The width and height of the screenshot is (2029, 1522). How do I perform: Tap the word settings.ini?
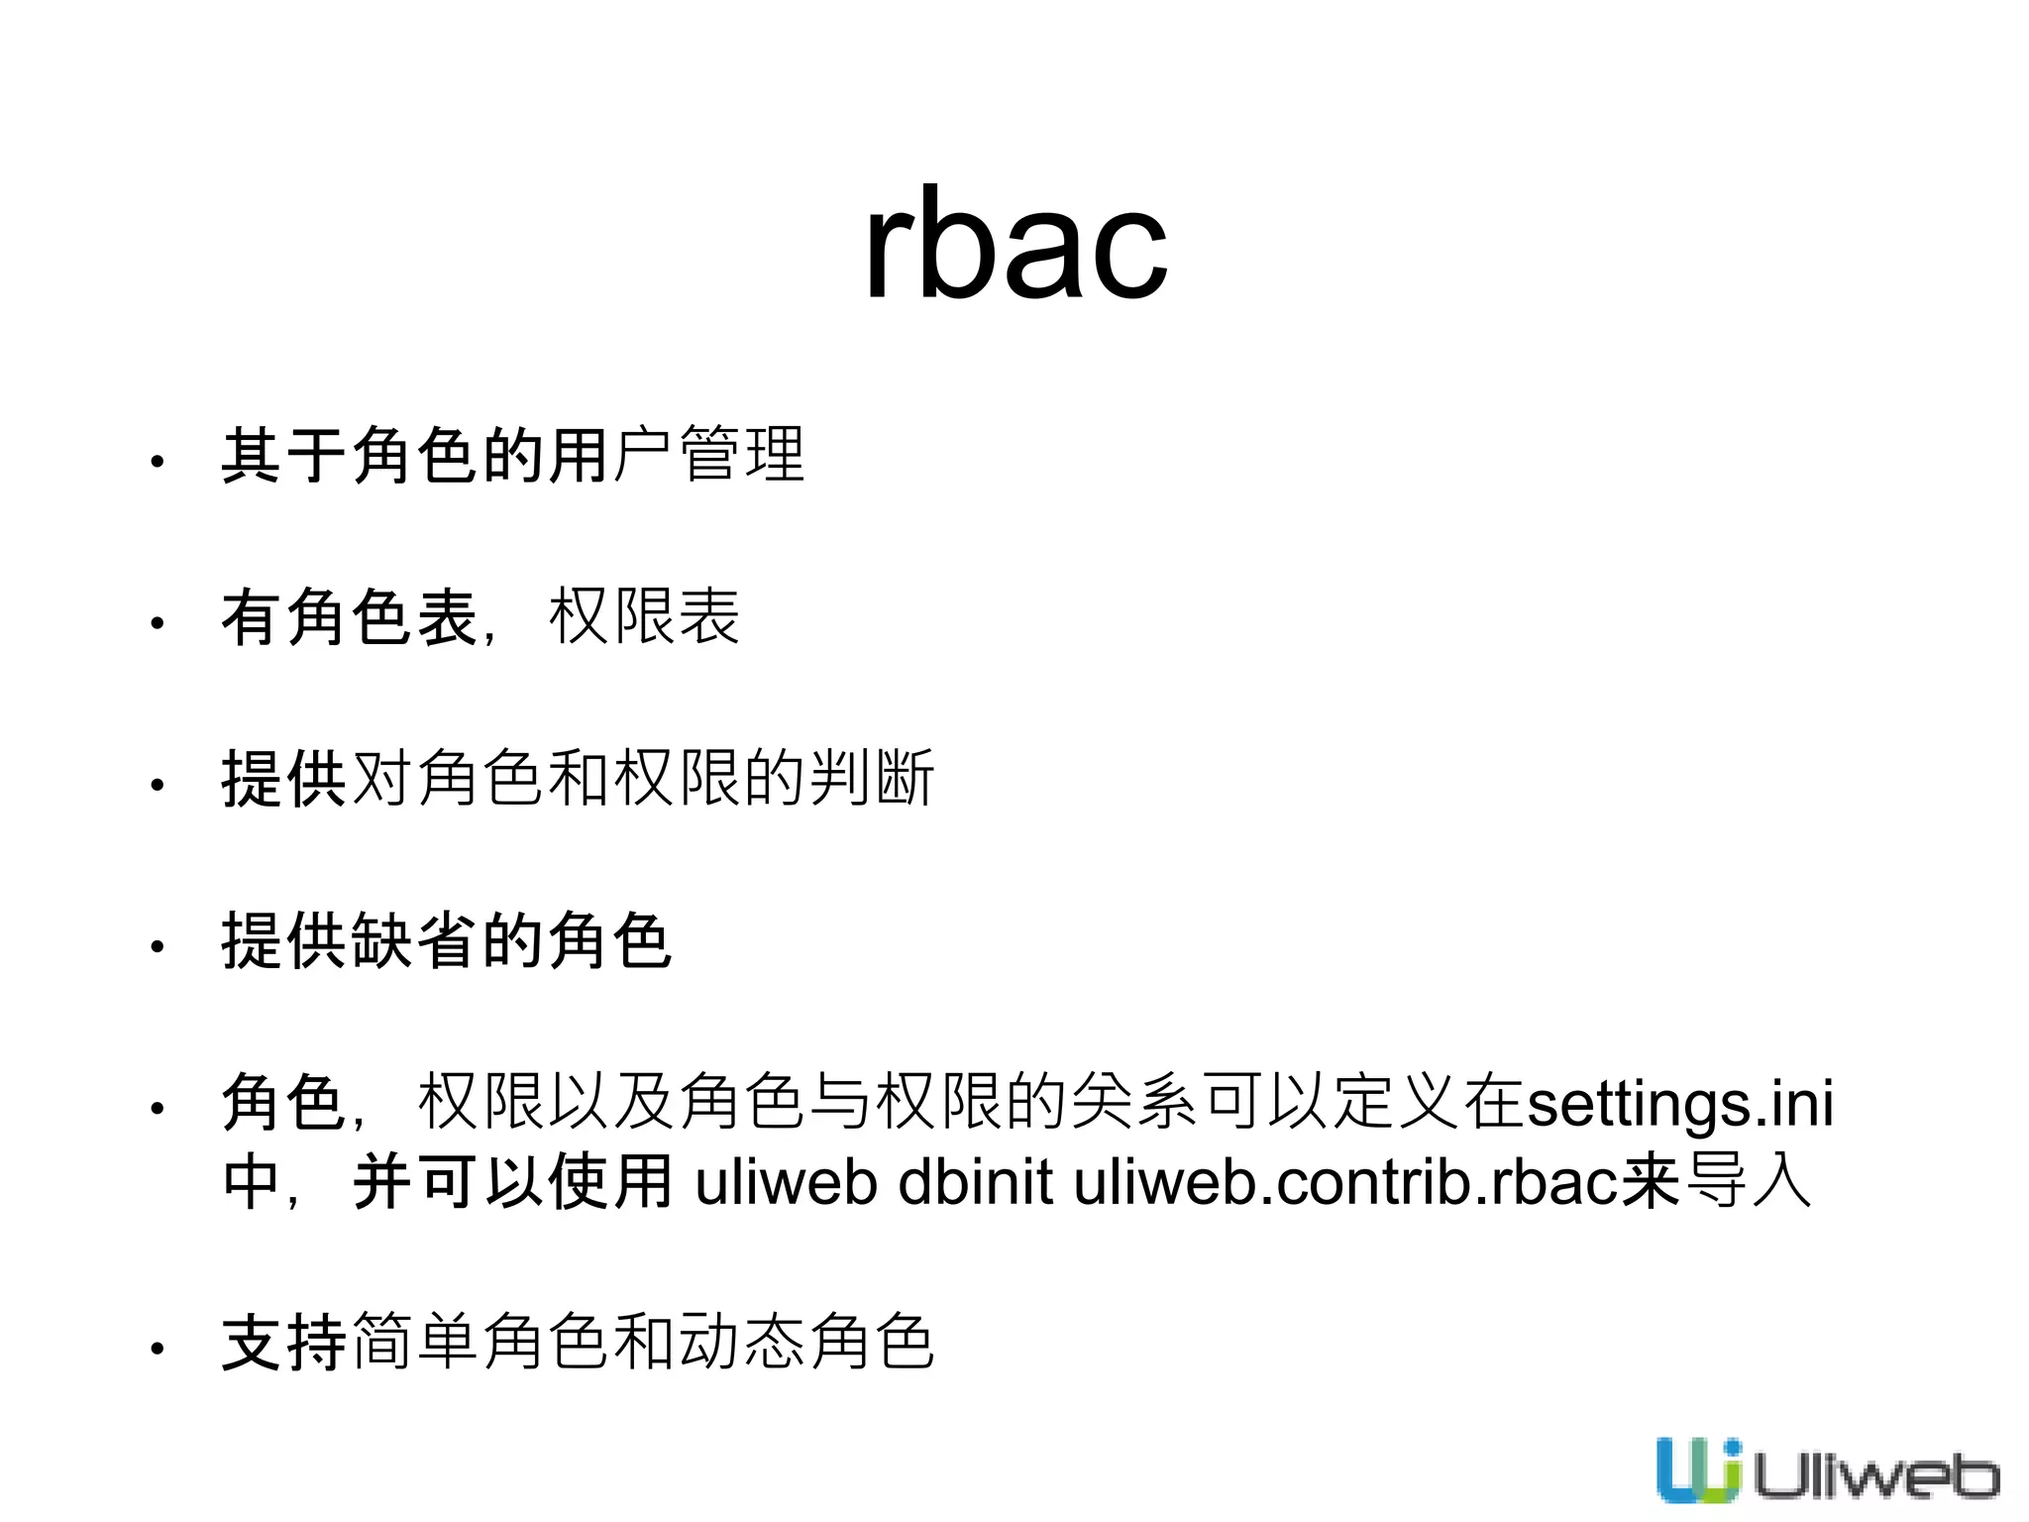[x=1680, y=1103]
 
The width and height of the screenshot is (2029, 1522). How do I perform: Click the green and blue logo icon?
[x=1698, y=1469]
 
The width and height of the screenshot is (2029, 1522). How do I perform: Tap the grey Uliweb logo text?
[x=1874, y=1476]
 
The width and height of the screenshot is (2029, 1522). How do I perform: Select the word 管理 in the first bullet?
[x=742, y=456]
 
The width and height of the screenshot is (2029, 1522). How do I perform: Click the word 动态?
[x=741, y=1343]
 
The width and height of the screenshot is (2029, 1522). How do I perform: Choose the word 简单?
[x=415, y=1343]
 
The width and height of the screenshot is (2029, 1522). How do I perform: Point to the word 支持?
[x=284, y=1343]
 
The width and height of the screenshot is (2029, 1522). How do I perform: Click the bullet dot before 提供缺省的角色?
[x=157, y=947]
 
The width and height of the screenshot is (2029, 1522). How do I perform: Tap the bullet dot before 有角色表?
[x=157, y=623]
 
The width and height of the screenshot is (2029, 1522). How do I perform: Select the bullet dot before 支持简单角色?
[x=157, y=1349]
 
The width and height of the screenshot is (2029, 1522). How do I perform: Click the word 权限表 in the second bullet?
[x=644, y=617]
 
